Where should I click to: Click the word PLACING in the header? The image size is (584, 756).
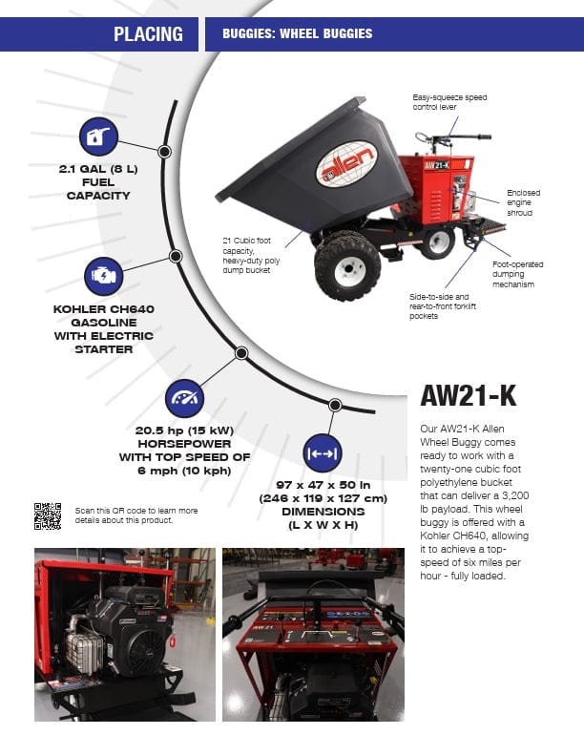(x=148, y=34)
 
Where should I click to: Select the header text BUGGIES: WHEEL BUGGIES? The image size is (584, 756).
(x=297, y=34)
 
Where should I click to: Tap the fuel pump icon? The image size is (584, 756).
(x=98, y=137)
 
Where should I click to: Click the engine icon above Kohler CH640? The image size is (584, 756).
(x=103, y=275)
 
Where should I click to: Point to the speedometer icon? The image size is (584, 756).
(x=185, y=397)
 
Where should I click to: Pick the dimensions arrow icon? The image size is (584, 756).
(x=322, y=453)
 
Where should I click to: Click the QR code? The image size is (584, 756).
(x=48, y=515)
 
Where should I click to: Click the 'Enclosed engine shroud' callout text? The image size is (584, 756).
(x=523, y=203)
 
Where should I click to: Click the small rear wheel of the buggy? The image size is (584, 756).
(x=438, y=241)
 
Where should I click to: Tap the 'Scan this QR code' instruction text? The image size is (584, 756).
(x=136, y=515)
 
